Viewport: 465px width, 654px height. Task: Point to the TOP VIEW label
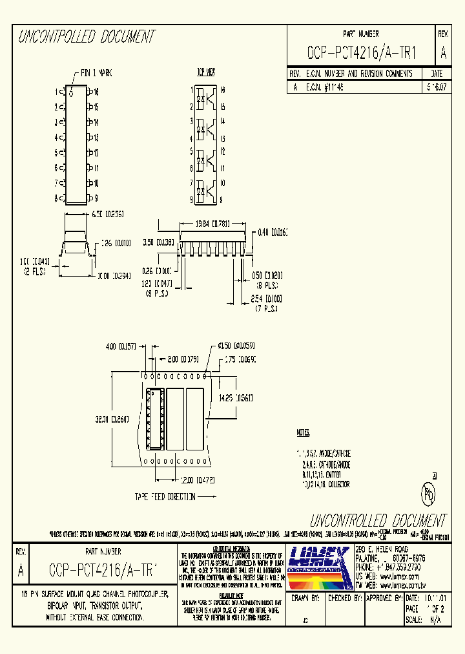[205, 71]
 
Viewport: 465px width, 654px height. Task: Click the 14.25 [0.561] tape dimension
[236, 397]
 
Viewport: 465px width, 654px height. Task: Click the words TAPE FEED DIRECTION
[165, 497]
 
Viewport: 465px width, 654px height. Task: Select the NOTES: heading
[304, 432]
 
